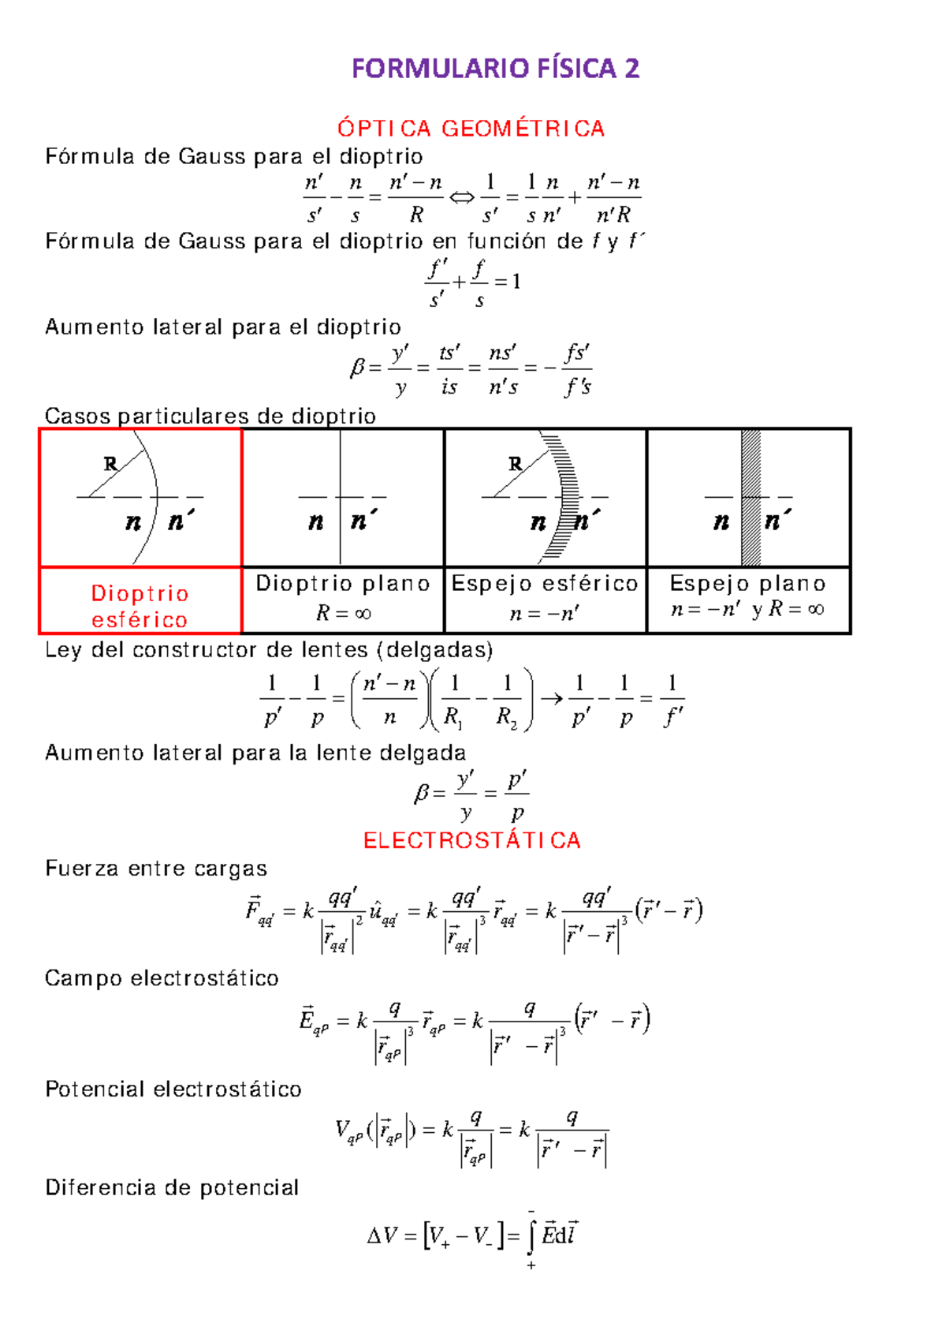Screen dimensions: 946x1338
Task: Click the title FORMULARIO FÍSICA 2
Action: [x=495, y=69]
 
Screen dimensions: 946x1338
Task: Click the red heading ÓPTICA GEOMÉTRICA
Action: [x=471, y=129]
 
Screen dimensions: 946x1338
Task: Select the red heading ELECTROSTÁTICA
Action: [x=471, y=840]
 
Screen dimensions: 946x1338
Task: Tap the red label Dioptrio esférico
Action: [x=140, y=606]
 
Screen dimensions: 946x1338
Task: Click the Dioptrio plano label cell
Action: [x=343, y=598]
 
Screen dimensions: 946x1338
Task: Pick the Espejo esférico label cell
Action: [x=545, y=598]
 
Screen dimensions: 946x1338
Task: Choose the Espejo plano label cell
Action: [x=747, y=598]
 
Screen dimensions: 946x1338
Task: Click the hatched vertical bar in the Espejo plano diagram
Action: [x=750, y=497]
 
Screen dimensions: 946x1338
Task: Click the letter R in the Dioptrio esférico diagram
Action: [x=111, y=464]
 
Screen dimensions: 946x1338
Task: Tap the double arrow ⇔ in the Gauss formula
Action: [x=462, y=197]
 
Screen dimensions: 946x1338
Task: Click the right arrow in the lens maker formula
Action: [x=552, y=698]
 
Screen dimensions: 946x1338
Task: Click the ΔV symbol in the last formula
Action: [x=383, y=1236]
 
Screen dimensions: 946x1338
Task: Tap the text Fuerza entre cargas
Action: [x=156, y=869]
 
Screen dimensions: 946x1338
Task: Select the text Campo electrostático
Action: [x=162, y=978]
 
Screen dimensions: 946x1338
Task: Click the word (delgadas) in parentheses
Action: [x=435, y=650]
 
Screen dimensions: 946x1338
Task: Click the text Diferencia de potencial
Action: [x=172, y=1187]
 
